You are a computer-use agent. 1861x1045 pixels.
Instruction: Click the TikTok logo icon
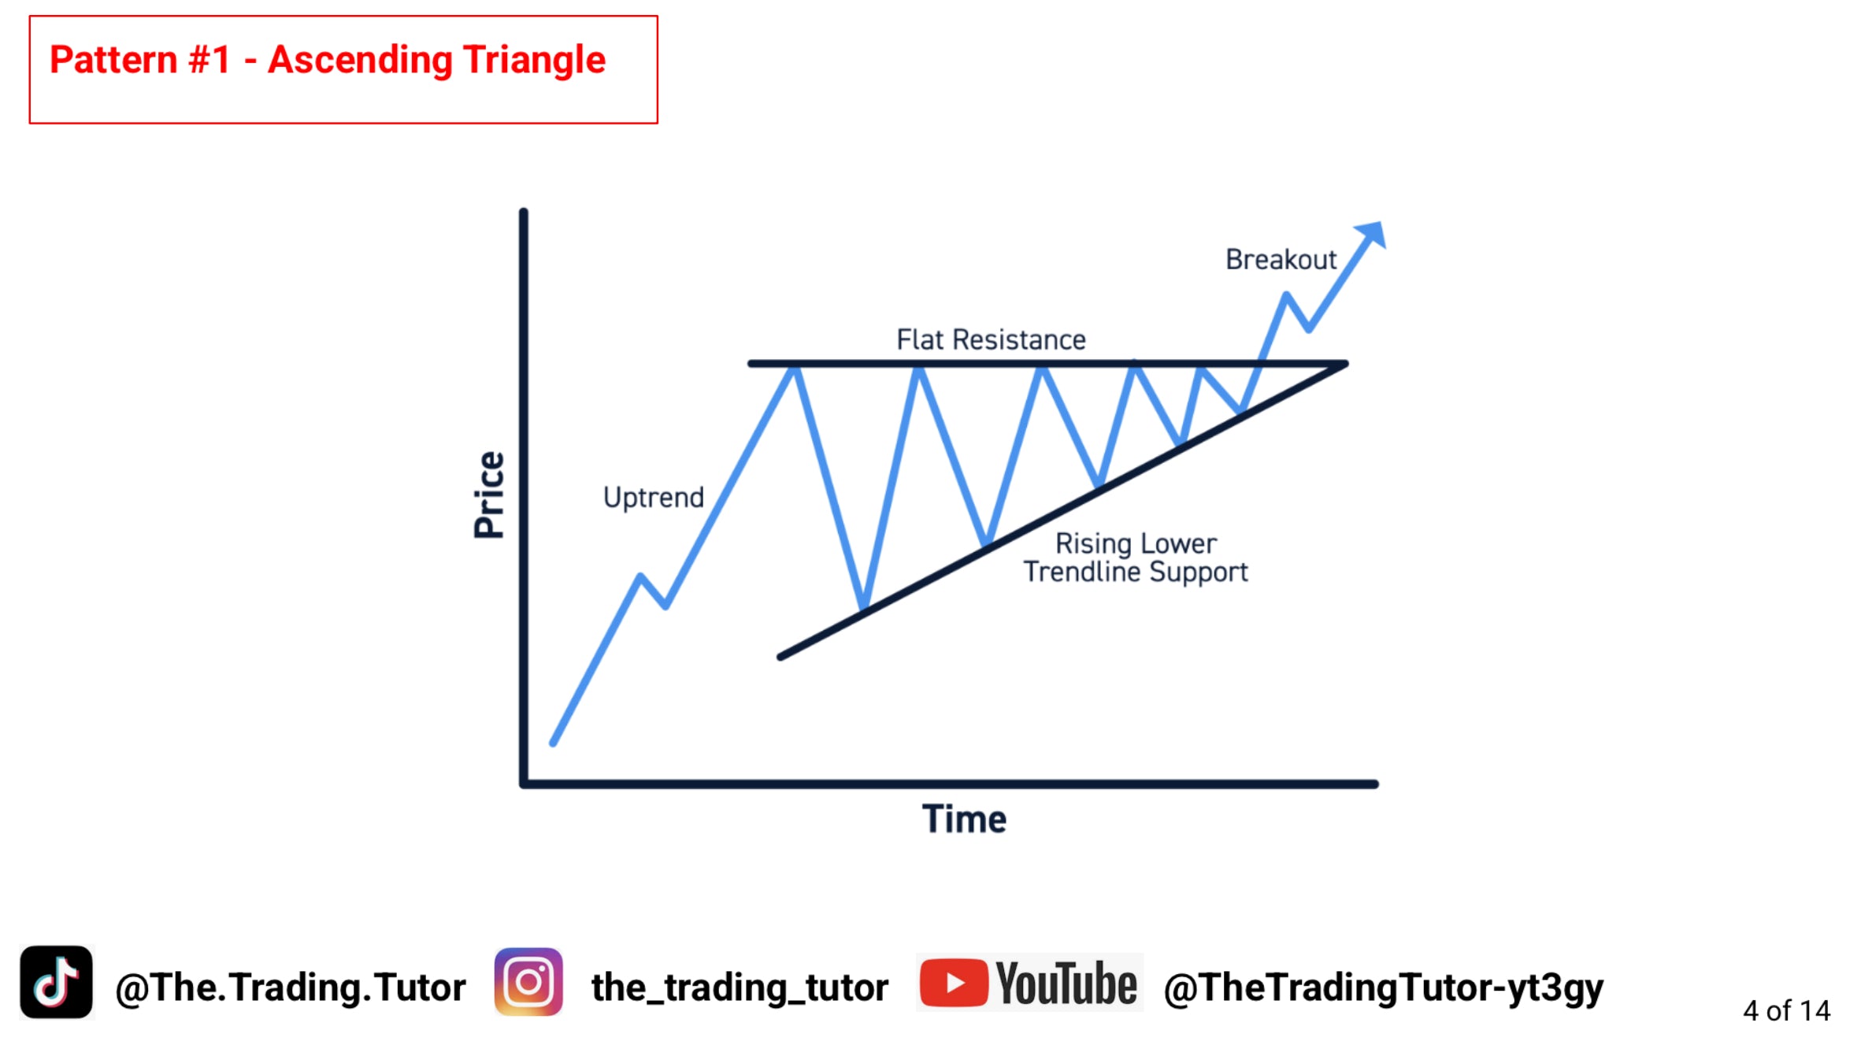(x=56, y=982)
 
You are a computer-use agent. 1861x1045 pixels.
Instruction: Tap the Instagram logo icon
(x=528, y=982)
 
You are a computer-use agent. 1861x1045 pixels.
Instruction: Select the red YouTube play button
(x=954, y=983)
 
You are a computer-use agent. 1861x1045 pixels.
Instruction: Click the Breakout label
(x=1281, y=259)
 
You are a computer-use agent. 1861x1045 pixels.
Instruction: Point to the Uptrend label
(x=654, y=498)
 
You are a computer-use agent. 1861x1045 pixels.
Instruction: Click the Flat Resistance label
(x=991, y=339)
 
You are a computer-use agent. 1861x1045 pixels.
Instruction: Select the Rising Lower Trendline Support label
(x=1136, y=558)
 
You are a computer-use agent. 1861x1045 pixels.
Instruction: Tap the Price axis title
(x=489, y=495)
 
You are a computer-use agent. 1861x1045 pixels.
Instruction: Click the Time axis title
(x=964, y=819)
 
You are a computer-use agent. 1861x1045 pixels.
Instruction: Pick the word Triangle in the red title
(x=534, y=61)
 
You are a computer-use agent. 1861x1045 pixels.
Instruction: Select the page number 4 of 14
(x=1786, y=1010)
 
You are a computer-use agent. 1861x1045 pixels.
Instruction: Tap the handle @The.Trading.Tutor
(x=291, y=988)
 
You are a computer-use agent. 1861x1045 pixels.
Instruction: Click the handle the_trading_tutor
(x=740, y=988)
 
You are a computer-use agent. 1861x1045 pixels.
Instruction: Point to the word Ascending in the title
(x=359, y=61)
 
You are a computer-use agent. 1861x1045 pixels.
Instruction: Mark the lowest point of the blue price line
(x=553, y=743)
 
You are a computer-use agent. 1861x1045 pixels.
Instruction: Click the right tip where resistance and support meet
(x=1345, y=364)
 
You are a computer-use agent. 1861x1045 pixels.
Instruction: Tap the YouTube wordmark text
(x=1066, y=983)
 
